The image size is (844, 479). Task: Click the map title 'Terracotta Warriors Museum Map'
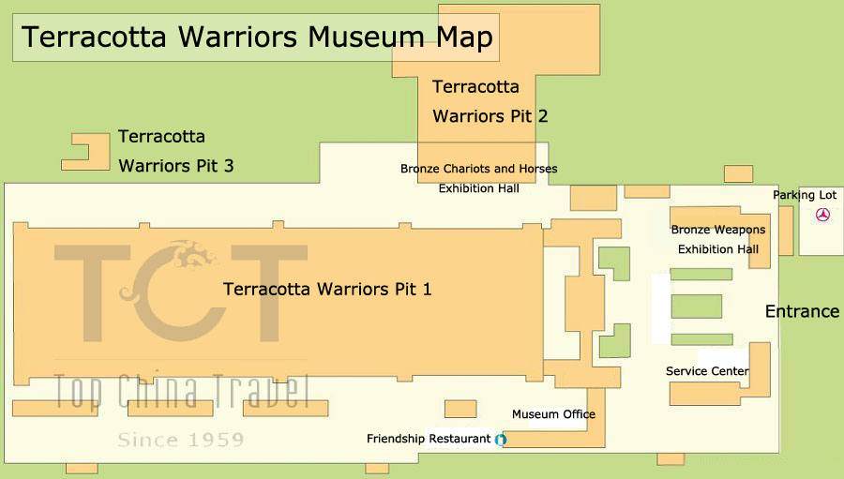[x=257, y=37]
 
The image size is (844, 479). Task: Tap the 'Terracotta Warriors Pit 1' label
[x=327, y=290]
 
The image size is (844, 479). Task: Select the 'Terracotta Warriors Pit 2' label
[x=490, y=101]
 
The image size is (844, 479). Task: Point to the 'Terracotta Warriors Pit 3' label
[x=176, y=151]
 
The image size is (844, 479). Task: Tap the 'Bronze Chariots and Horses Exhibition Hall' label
[x=478, y=179]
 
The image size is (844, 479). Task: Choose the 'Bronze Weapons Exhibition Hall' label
[x=718, y=240]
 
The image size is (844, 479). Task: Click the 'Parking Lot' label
[x=805, y=195]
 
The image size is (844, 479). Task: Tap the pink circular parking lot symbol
[x=822, y=215]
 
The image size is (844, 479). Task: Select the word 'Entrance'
[x=802, y=311]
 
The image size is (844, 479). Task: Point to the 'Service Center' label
[x=707, y=371]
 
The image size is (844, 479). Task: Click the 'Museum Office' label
[x=553, y=414]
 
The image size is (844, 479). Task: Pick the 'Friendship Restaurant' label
[x=429, y=439]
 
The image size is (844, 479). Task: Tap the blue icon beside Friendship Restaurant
[x=501, y=440]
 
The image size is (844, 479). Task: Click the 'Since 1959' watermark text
[x=181, y=440]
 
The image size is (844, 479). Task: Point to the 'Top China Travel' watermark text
[x=183, y=391]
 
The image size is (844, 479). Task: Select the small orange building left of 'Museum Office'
[x=460, y=409]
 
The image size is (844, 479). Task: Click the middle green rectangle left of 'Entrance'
[x=697, y=307]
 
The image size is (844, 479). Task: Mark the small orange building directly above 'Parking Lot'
[x=738, y=173]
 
